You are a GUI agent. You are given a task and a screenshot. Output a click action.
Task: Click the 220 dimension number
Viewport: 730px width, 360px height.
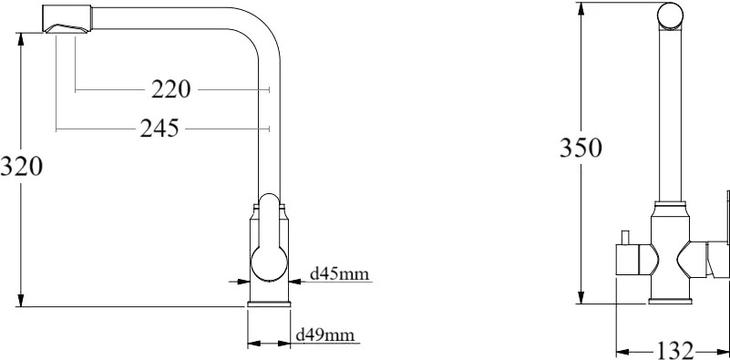click(170, 89)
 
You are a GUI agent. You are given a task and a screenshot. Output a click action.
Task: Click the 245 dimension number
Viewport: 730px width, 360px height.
click(159, 129)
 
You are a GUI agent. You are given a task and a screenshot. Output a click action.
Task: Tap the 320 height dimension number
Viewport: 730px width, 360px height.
click(21, 166)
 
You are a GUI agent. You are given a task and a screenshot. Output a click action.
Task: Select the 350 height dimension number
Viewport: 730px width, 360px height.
click(581, 148)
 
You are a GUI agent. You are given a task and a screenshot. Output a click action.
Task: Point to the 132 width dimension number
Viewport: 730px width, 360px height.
click(674, 350)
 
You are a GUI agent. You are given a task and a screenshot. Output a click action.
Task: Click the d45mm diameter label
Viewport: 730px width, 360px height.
click(339, 273)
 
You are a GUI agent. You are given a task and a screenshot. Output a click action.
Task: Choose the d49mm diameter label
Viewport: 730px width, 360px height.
click(325, 334)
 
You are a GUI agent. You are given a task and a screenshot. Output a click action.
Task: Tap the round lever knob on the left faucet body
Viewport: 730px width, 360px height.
click(269, 263)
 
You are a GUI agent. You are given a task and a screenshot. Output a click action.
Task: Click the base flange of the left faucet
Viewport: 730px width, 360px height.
click(269, 304)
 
